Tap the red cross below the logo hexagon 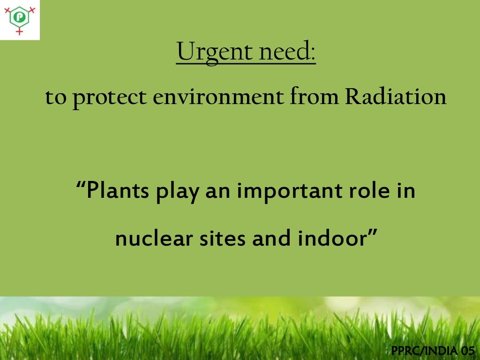pyautogui.click(x=20, y=31)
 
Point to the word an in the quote pyautogui.click(x=217, y=193)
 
